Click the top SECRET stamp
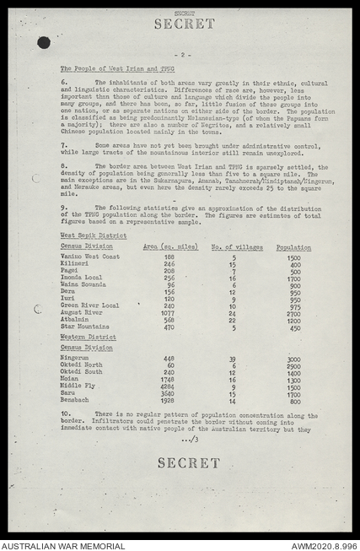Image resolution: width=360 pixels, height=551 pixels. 186,24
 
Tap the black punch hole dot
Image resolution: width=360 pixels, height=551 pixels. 44,42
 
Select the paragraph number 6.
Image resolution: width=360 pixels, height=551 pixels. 63,82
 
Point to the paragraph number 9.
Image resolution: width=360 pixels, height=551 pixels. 63,207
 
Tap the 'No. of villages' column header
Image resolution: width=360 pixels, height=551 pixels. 234,246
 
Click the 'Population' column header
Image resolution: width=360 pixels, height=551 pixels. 293,246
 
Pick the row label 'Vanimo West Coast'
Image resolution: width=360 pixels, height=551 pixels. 89,257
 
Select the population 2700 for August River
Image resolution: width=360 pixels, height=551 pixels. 293,312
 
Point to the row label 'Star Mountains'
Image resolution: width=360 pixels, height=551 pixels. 84,327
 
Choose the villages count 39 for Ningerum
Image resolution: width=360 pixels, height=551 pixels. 233,358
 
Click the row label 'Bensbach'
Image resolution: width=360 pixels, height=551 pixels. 75,400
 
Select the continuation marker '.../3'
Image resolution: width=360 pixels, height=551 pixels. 189,439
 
